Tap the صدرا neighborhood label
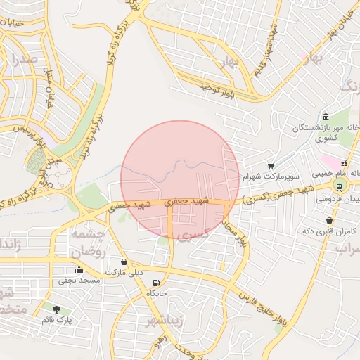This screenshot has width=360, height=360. [x=24, y=60]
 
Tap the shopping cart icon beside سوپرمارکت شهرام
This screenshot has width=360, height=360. [x=271, y=166]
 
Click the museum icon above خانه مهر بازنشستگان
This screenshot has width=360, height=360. [x=325, y=117]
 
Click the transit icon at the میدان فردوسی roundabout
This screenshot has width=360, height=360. [x=340, y=186]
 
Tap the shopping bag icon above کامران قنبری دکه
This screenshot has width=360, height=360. [x=329, y=221]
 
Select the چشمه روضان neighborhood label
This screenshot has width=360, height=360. [x=88, y=243]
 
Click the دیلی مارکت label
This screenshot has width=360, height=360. [x=124, y=271]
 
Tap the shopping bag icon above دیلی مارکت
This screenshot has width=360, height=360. [x=124, y=262]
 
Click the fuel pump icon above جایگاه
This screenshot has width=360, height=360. [x=155, y=283]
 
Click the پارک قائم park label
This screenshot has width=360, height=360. [x=56, y=319]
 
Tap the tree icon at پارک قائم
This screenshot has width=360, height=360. [x=56, y=309]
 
